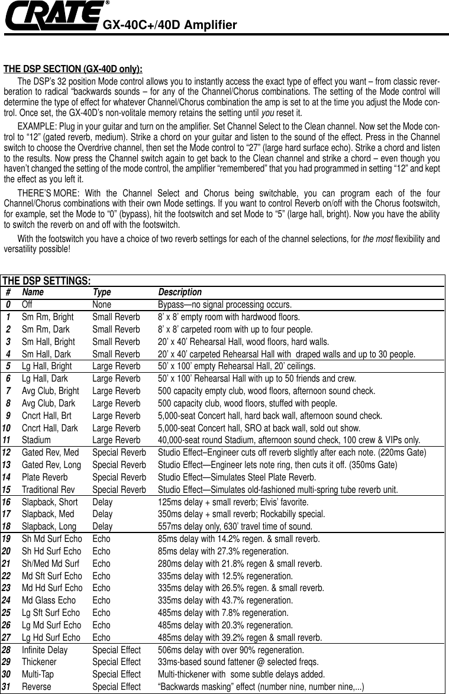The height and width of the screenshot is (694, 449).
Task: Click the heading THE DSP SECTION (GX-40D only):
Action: click(73, 67)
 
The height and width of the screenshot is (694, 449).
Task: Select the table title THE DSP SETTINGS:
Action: click(47, 280)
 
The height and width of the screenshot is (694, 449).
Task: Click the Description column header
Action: click(180, 292)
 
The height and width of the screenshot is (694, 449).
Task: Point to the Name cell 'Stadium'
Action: click(36, 440)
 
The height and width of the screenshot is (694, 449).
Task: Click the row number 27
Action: click(8, 637)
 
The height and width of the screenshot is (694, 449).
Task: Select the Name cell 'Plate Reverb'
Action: click(45, 477)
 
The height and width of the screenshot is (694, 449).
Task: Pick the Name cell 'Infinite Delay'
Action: click(45, 650)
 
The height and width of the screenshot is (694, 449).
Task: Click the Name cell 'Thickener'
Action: click(39, 662)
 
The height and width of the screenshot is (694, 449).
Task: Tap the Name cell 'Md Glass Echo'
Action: click(49, 600)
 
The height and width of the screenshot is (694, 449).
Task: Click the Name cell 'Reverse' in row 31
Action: click(37, 687)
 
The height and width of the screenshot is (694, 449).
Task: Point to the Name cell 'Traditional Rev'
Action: click(49, 489)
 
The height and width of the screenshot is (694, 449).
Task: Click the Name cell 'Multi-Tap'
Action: click(38, 674)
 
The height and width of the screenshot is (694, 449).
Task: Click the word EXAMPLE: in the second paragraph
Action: click(37, 127)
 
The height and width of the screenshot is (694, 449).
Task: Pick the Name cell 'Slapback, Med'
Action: click(48, 514)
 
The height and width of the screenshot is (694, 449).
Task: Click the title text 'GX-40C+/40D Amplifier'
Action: click(170, 25)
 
